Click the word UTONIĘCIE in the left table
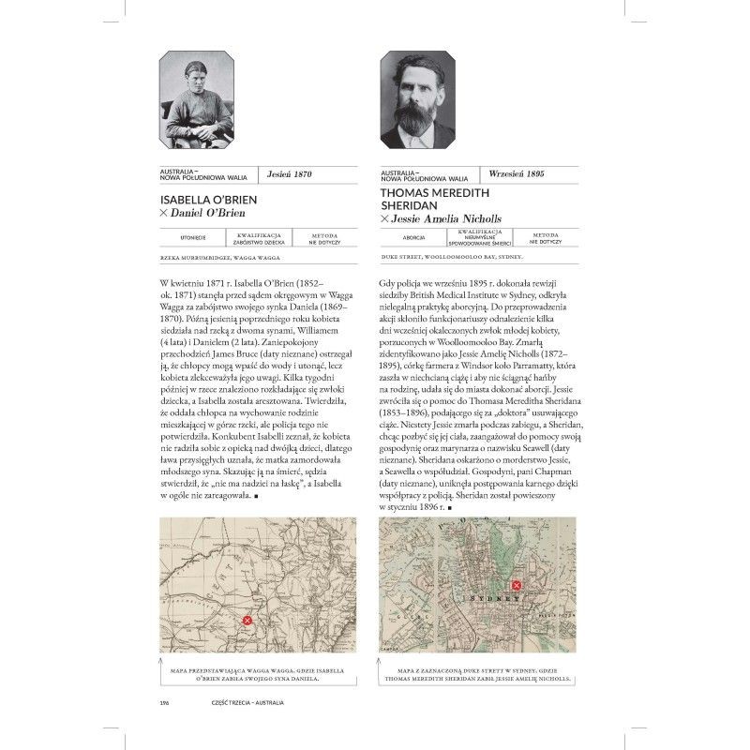pyautogui.click(x=179, y=239)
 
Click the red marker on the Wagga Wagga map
pyautogui.click(x=247, y=620)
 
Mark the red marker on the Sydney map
pyautogui.click(x=514, y=589)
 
